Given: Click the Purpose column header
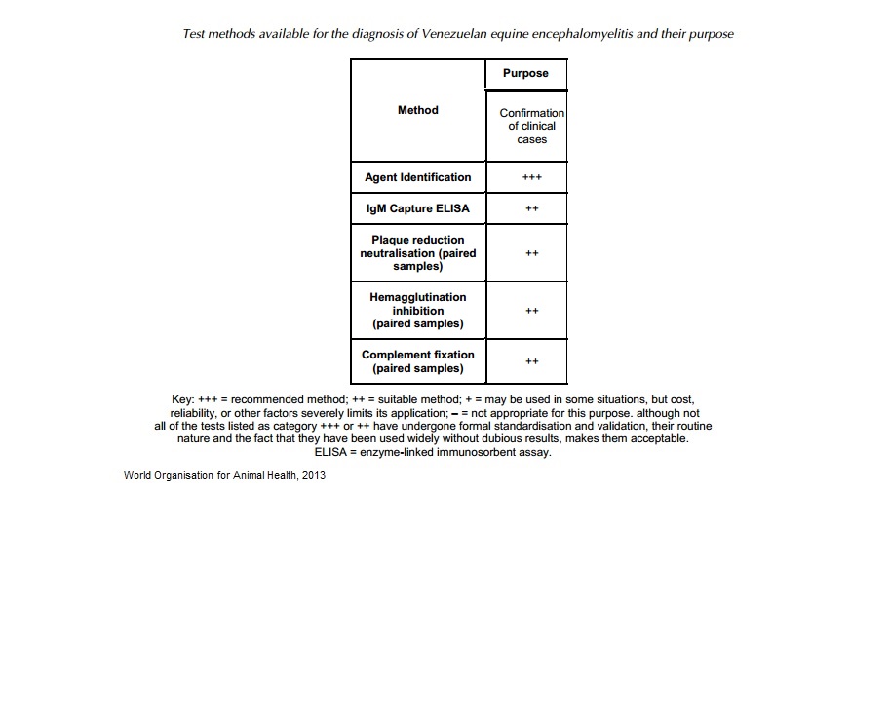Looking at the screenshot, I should pos(525,74).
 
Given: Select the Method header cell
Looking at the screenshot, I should pos(418,110).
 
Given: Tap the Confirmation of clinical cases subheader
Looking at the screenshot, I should pos(531,126).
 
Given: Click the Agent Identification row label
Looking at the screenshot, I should pos(417,177).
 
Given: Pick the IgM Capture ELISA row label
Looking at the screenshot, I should pos(417,208).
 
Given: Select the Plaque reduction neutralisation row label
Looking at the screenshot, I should pos(418,252).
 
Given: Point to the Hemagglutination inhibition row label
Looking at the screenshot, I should pos(418,311).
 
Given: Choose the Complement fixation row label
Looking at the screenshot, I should pos(418,361).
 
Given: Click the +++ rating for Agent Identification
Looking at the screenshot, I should pos(531,177).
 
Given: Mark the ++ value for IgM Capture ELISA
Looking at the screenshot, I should pos(531,208).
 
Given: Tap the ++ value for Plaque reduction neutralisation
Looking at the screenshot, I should pos(531,253).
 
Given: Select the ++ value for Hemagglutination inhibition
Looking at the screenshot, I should pos(531,311).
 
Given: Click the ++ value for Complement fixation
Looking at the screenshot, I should pos(531,361).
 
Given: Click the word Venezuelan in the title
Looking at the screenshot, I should pos(454,34).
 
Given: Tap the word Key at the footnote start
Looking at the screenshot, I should pos(182,400).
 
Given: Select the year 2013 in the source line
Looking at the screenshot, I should pos(314,475).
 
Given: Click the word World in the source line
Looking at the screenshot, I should pos(138,475).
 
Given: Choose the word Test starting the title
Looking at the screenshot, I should pos(195,34).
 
